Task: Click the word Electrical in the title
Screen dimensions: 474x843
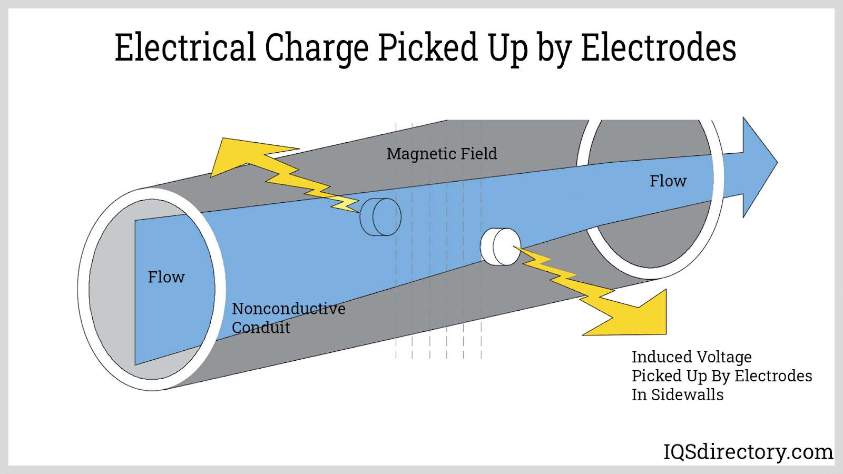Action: [x=185, y=47]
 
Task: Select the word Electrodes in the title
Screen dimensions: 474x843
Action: [x=658, y=47]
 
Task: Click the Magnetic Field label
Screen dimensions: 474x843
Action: [x=442, y=154]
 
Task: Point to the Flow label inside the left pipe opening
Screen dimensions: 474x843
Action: [x=166, y=277]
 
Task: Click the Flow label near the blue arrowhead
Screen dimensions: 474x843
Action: [x=668, y=181]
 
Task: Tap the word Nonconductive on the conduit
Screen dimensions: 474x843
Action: [x=289, y=309]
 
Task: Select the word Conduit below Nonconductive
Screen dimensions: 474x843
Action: [x=261, y=328]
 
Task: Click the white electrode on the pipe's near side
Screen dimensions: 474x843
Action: [x=501, y=246]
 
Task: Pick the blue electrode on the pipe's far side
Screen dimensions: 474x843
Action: [x=380, y=216]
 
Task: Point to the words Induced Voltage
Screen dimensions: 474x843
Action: [x=691, y=357]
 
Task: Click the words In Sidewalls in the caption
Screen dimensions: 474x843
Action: [x=678, y=395]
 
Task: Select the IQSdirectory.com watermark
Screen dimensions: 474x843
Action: [x=748, y=452]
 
